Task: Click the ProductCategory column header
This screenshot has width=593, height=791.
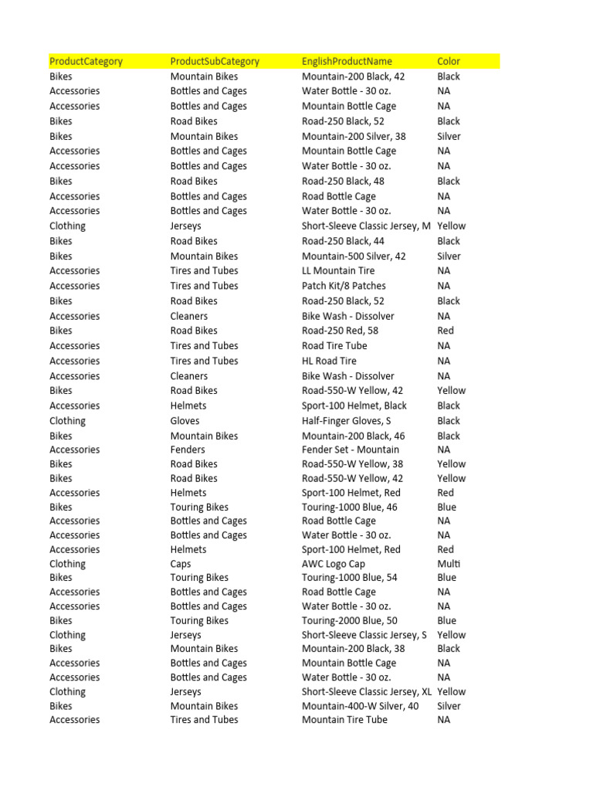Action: [x=86, y=61]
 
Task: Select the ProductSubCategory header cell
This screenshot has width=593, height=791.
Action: [x=215, y=61]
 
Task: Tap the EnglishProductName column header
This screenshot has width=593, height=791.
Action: [x=347, y=61]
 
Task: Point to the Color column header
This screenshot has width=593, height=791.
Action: [x=449, y=61]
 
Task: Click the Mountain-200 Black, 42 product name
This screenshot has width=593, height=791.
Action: [x=353, y=76]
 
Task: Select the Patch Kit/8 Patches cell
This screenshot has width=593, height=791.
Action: [x=344, y=286]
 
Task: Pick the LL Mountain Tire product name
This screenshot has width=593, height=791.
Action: [x=338, y=270]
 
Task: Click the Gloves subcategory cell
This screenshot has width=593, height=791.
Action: [x=185, y=421]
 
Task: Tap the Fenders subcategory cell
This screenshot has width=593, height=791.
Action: [x=188, y=450]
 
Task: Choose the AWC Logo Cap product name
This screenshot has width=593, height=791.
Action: [x=334, y=564]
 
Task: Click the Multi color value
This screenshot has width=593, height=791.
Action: [x=448, y=564]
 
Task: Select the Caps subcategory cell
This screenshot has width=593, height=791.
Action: [x=181, y=564]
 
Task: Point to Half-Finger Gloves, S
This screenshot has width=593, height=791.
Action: [x=347, y=421]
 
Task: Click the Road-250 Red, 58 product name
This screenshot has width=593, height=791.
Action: [x=340, y=331]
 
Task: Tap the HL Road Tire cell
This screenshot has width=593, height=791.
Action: [x=329, y=361]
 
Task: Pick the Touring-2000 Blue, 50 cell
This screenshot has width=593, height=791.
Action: [x=350, y=620]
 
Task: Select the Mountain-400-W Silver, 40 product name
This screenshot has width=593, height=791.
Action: [x=360, y=706]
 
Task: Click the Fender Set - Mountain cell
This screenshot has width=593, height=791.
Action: [x=351, y=450]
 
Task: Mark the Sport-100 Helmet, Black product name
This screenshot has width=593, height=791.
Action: [x=354, y=406]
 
